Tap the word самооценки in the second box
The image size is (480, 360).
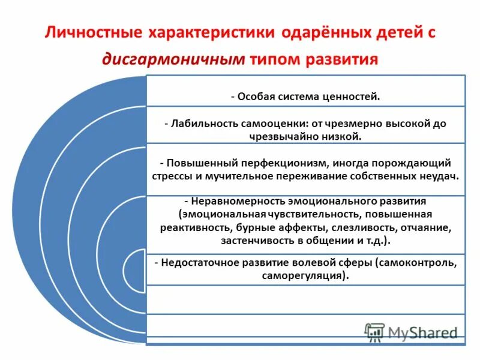[274, 123]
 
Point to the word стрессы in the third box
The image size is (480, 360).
[173, 176]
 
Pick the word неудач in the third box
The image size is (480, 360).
[441, 176]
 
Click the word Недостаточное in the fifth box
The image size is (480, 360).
[195, 263]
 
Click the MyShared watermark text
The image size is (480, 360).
[422, 332]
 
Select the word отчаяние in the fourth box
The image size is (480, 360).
[425, 228]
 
